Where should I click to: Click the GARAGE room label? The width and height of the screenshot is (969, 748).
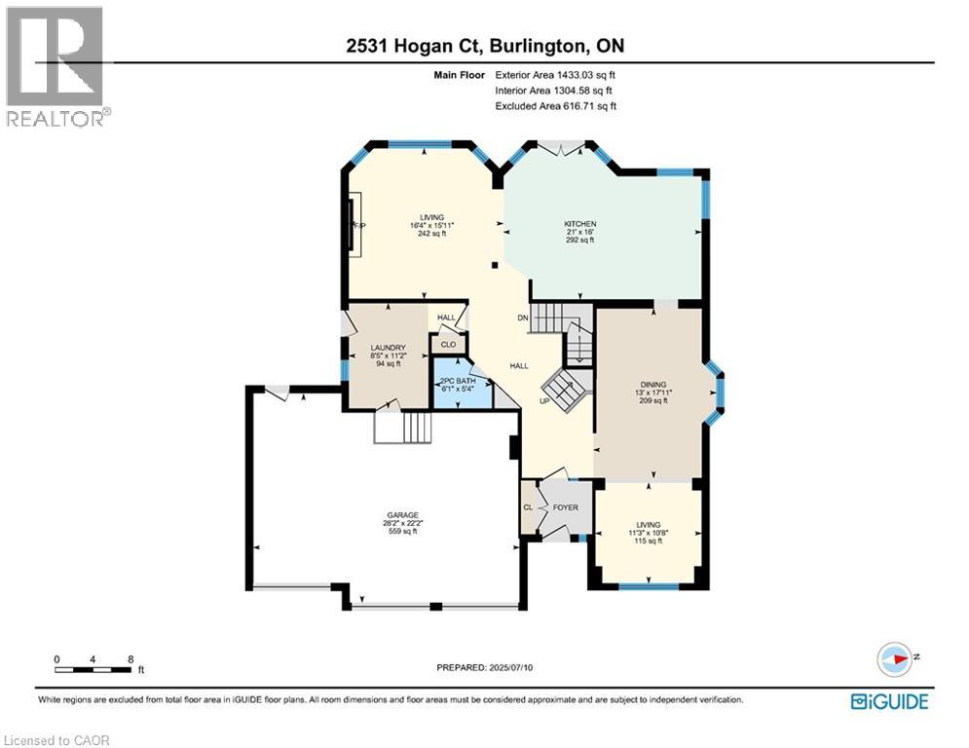401,514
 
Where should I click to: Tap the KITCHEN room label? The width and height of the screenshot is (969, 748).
579,224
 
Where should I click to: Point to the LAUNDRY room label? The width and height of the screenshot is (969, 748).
387,348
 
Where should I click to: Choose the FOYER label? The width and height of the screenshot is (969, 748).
565,507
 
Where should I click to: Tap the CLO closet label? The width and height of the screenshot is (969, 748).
449,344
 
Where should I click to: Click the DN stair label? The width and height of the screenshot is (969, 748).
522,318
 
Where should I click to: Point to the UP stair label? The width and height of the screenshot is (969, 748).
545,400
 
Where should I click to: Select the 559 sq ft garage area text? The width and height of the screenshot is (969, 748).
401,531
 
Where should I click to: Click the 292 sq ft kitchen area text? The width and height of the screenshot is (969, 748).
579,240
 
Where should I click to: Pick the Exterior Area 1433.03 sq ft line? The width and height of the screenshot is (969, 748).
555,74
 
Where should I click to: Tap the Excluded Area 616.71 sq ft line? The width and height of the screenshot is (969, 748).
555,106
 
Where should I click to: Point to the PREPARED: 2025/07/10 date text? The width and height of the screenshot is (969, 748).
484,667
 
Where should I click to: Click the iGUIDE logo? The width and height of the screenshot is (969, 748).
889,700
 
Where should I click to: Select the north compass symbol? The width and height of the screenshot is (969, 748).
893,658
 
